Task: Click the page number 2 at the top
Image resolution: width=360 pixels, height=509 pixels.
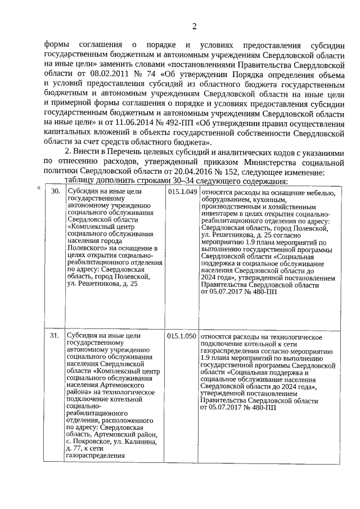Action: click(194, 26)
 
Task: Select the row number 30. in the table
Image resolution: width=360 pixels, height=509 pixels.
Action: click(55, 192)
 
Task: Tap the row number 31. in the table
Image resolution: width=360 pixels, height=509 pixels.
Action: click(55, 336)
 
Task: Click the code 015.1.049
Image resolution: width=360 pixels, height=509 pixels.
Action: click(182, 192)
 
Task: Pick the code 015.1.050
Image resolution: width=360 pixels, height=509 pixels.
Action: click(182, 336)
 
